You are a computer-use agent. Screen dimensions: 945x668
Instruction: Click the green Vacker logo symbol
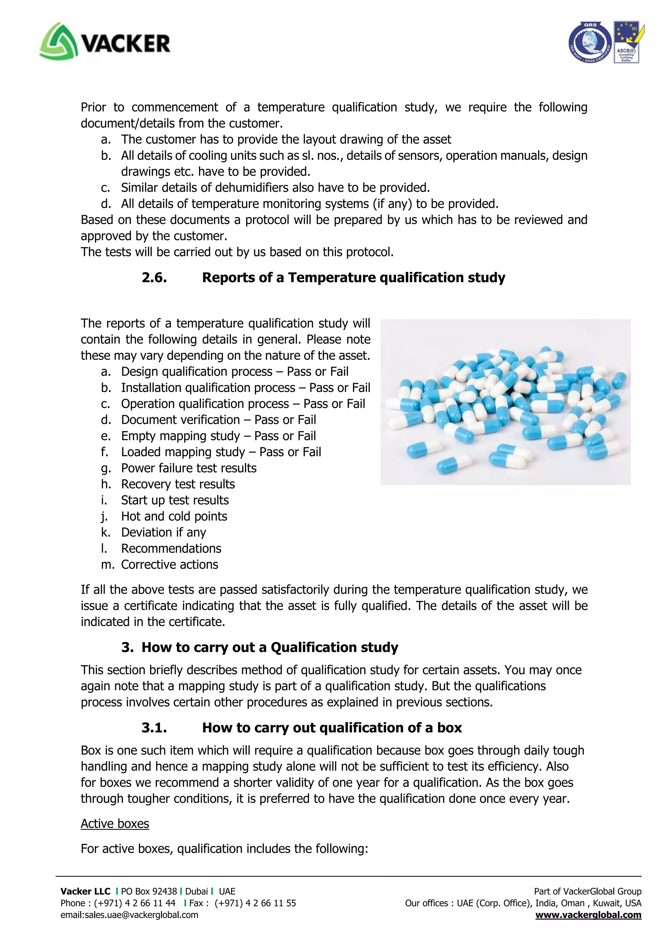pos(58,41)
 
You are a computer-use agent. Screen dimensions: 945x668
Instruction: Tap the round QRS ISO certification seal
pos(590,43)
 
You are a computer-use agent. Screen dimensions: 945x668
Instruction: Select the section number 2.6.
pos(154,278)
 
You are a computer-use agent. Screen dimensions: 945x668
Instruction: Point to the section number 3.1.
pos(154,728)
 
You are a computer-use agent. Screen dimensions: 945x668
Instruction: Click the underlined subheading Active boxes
pos(115,824)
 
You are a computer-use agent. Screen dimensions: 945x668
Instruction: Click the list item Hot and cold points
pos(174,516)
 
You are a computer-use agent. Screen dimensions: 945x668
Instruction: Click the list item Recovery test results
pos(178,484)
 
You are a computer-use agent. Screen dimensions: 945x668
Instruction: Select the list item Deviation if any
pos(163,532)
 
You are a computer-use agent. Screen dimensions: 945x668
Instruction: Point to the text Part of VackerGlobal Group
pos(587,892)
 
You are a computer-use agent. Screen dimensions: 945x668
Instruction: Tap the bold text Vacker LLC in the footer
pos(85,892)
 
